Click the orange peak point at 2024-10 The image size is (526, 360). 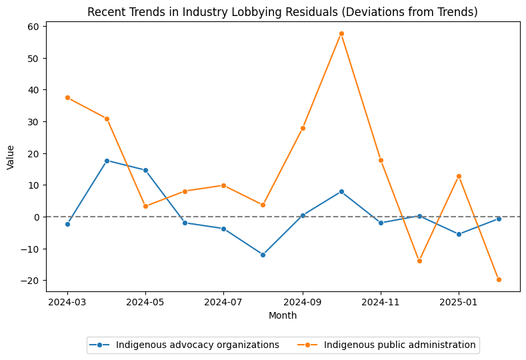pos(341,33)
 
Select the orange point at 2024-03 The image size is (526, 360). pos(67,97)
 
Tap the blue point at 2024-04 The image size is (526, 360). pos(107,161)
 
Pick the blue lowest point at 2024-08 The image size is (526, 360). pos(263,255)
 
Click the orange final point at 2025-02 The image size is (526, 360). pos(498,279)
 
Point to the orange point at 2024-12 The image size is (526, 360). pos(419,261)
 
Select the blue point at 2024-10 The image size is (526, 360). pos(341,191)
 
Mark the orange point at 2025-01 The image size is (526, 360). pos(459,176)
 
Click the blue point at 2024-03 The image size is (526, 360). pos(67,224)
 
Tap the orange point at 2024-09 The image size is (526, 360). pos(303,128)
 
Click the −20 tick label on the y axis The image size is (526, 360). pos(33,281)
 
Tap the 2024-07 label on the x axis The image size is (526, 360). pos(223,301)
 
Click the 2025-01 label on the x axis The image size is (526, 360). pos(459,301)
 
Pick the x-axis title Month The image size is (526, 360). pos(283,315)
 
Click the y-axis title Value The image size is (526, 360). pos(10,157)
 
